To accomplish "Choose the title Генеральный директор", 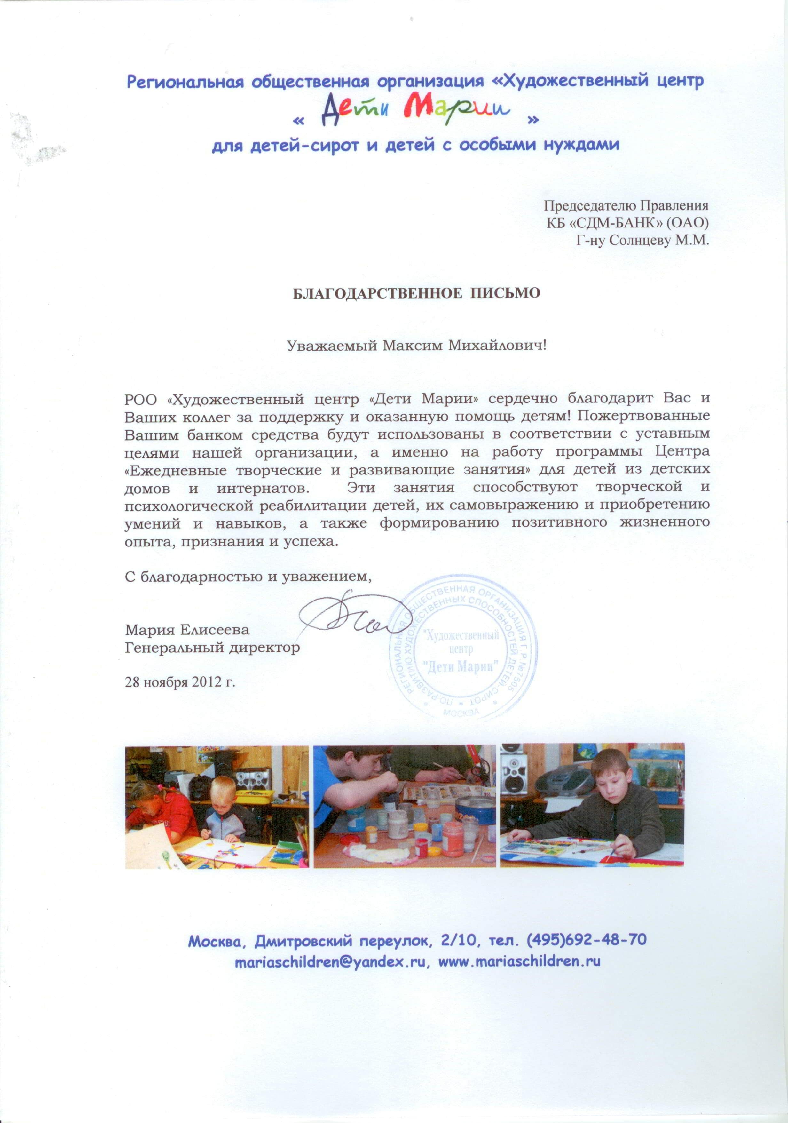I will [212, 648].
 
